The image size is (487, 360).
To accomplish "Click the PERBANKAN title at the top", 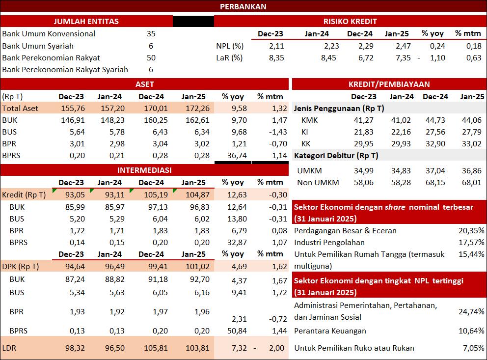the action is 243,6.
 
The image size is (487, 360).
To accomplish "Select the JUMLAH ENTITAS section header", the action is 86,21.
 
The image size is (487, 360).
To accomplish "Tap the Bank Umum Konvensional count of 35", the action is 151,33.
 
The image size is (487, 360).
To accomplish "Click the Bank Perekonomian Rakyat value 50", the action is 151,58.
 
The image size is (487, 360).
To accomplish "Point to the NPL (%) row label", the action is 230,46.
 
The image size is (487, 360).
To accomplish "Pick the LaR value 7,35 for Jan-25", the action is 403,58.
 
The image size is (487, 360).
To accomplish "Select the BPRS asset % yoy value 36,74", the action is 237,155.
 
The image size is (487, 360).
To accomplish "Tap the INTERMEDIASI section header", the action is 144,170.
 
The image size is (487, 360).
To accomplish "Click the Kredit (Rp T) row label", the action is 24,195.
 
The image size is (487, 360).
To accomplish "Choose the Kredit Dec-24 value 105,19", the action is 156,195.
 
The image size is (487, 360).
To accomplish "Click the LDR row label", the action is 9,348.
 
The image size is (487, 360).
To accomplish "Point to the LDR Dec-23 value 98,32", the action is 75,348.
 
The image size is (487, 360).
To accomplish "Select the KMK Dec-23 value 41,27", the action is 363,120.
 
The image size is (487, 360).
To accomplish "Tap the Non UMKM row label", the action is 318,182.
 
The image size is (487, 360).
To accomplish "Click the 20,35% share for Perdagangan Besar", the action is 471,230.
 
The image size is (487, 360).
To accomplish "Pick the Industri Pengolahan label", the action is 329,242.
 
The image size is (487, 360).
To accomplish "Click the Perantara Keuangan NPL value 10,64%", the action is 471,331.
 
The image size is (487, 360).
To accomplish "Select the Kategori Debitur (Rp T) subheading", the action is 336,156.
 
